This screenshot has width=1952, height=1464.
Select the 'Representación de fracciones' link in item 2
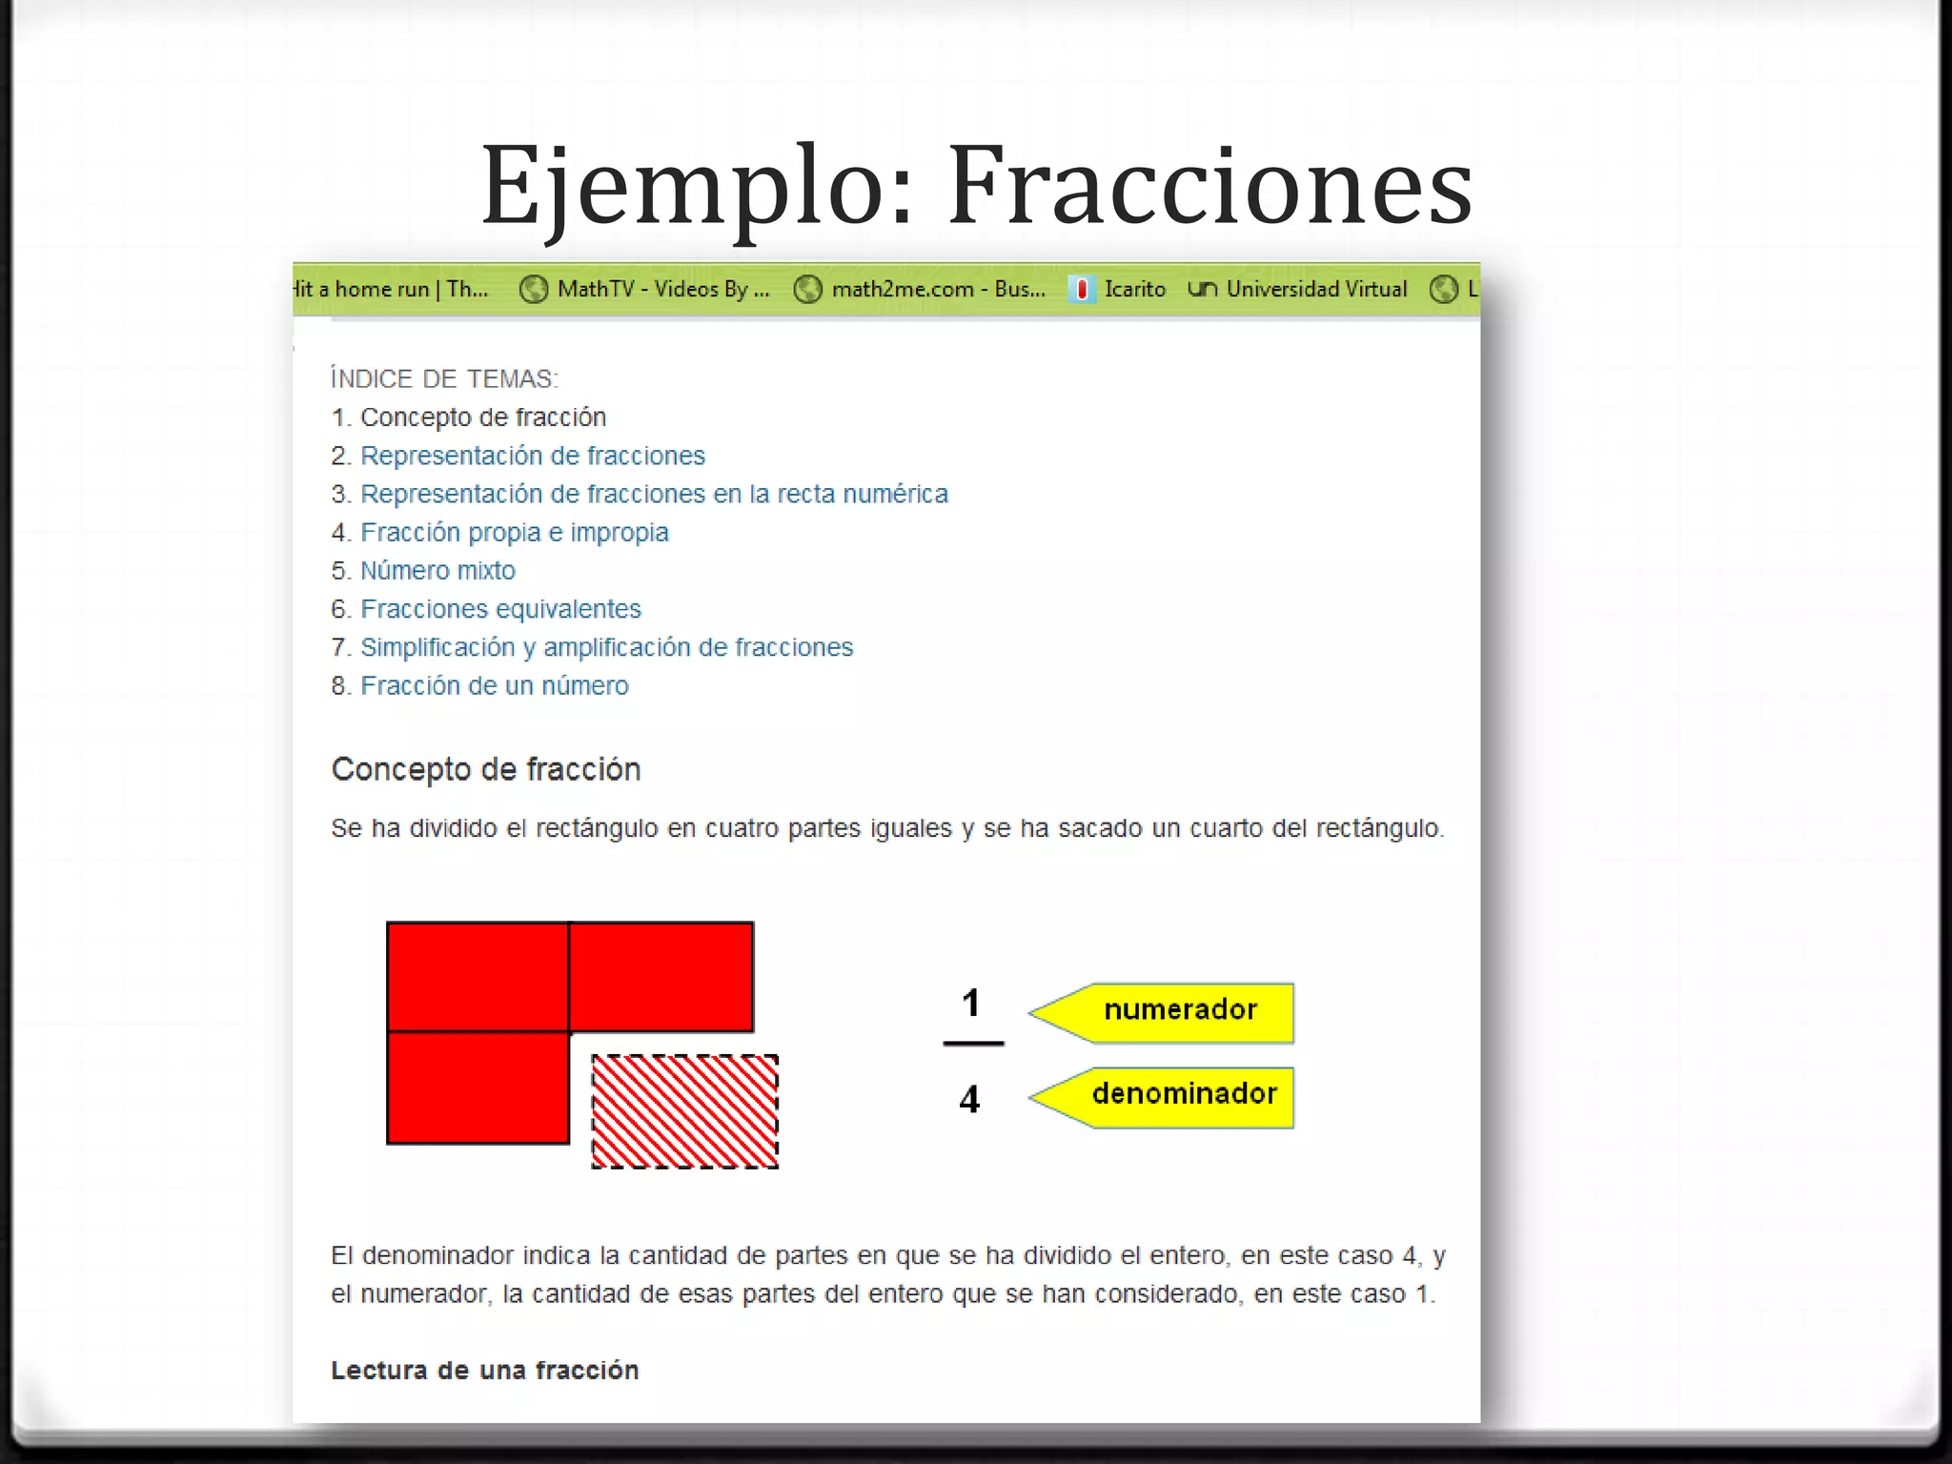coord(532,456)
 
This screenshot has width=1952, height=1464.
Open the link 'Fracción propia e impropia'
coord(514,532)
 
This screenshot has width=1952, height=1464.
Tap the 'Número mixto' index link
coord(437,570)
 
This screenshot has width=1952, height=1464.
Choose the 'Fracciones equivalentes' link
coord(500,609)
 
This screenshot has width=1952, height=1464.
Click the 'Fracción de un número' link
coord(494,685)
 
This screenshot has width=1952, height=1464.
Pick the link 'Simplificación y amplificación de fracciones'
coord(606,647)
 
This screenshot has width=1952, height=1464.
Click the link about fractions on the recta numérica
coord(654,494)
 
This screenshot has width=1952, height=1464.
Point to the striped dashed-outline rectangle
coord(684,1111)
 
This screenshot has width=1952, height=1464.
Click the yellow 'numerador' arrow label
coord(1178,1010)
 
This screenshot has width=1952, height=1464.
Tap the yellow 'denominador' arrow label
coord(1182,1094)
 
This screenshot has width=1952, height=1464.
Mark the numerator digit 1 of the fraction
coord(971,1003)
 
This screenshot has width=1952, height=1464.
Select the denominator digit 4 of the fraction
coord(969,1100)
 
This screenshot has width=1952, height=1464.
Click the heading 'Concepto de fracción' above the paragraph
coord(485,769)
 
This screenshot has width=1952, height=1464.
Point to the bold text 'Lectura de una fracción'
coord(484,1370)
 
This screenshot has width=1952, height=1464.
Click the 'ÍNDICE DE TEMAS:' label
coord(444,378)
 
